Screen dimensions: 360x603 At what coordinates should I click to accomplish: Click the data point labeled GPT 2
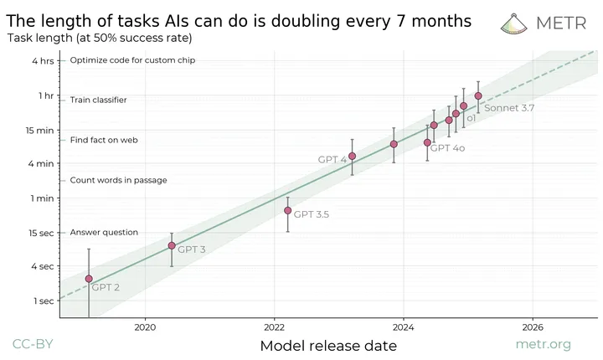[x=89, y=279]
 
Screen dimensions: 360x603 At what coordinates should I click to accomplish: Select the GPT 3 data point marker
[x=172, y=245]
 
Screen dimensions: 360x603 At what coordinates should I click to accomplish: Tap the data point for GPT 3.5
[x=287, y=210]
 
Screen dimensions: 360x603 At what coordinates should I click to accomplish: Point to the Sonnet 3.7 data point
[x=478, y=95]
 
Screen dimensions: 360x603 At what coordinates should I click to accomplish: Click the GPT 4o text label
[x=447, y=147]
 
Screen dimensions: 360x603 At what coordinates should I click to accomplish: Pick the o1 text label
[x=471, y=119]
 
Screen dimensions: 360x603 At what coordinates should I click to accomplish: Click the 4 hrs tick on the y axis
[x=43, y=60]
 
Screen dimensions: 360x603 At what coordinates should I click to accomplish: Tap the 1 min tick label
[x=42, y=198]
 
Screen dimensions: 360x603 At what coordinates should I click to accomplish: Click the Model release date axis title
[x=328, y=345]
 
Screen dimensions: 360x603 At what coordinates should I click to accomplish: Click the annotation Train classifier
[x=98, y=100]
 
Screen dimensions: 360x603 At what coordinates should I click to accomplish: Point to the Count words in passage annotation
[x=118, y=180]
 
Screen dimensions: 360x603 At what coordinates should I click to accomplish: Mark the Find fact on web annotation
[x=104, y=140]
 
